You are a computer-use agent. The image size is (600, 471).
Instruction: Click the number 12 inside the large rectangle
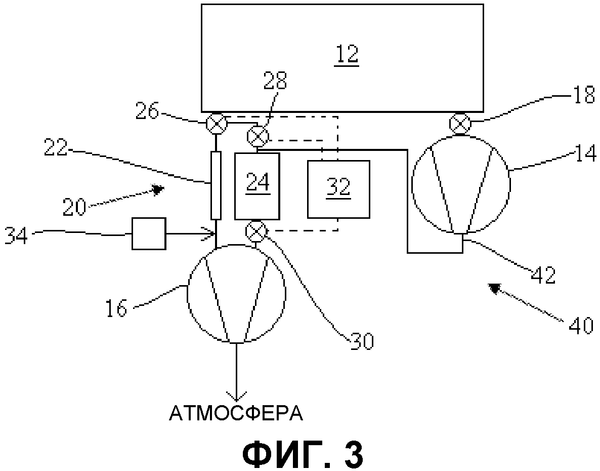tap(347, 54)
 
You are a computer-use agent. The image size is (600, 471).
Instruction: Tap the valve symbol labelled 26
tap(217, 123)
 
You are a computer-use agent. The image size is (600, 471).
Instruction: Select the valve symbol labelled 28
tap(258, 136)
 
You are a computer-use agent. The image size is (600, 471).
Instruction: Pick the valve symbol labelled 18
tap(460, 124)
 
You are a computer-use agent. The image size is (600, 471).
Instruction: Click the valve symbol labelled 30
tap(256, 231)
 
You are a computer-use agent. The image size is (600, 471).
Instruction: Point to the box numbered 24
tap(257, 186)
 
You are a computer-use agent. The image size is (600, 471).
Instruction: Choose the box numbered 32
tap(338, 189)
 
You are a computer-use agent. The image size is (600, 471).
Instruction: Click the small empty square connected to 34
tap(149, 233)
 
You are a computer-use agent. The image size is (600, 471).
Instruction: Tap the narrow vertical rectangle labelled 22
tap(216, 185)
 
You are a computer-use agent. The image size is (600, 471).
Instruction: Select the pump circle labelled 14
tap(461, 184)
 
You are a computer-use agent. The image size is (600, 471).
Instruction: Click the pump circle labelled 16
tap(236, 294)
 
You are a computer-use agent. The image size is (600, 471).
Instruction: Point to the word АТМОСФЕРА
tap(236, 413)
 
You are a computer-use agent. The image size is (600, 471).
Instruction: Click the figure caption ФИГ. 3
tap(303, 454)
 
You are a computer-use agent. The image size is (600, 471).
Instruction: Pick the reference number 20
tap(74, 207)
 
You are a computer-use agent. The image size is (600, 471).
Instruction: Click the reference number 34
tap(17, 234)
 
